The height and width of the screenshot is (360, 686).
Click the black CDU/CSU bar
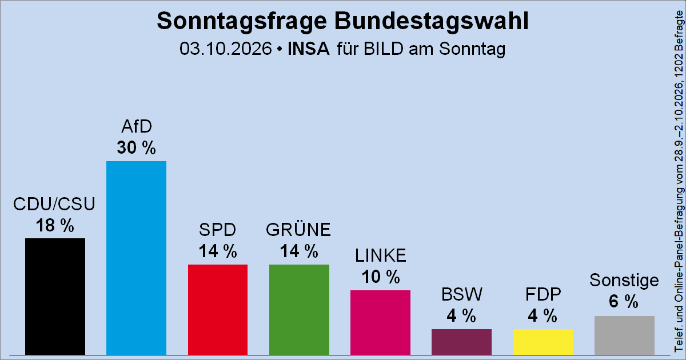55,297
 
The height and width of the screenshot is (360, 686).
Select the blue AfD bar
136,258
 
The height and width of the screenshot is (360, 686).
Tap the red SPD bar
218,310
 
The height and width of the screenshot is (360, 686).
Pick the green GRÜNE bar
299,310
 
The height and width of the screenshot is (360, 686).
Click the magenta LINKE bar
380,322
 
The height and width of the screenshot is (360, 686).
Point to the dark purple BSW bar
461,342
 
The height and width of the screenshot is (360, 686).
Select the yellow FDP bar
543,342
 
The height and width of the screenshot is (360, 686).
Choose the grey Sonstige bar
624,335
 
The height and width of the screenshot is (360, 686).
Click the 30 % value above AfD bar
136,147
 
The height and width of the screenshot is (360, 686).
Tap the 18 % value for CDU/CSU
55,225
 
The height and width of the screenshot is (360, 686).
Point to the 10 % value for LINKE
381,277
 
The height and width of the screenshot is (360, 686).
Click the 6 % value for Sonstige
624,301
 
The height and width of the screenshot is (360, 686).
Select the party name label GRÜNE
298,230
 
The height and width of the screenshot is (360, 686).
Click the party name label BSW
462,294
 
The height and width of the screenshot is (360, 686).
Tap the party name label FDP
543,294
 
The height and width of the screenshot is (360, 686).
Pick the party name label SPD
218,230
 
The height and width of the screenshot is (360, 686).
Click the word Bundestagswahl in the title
432,21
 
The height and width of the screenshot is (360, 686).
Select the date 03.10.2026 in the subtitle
226,49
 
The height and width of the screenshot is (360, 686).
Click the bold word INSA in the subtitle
308,49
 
